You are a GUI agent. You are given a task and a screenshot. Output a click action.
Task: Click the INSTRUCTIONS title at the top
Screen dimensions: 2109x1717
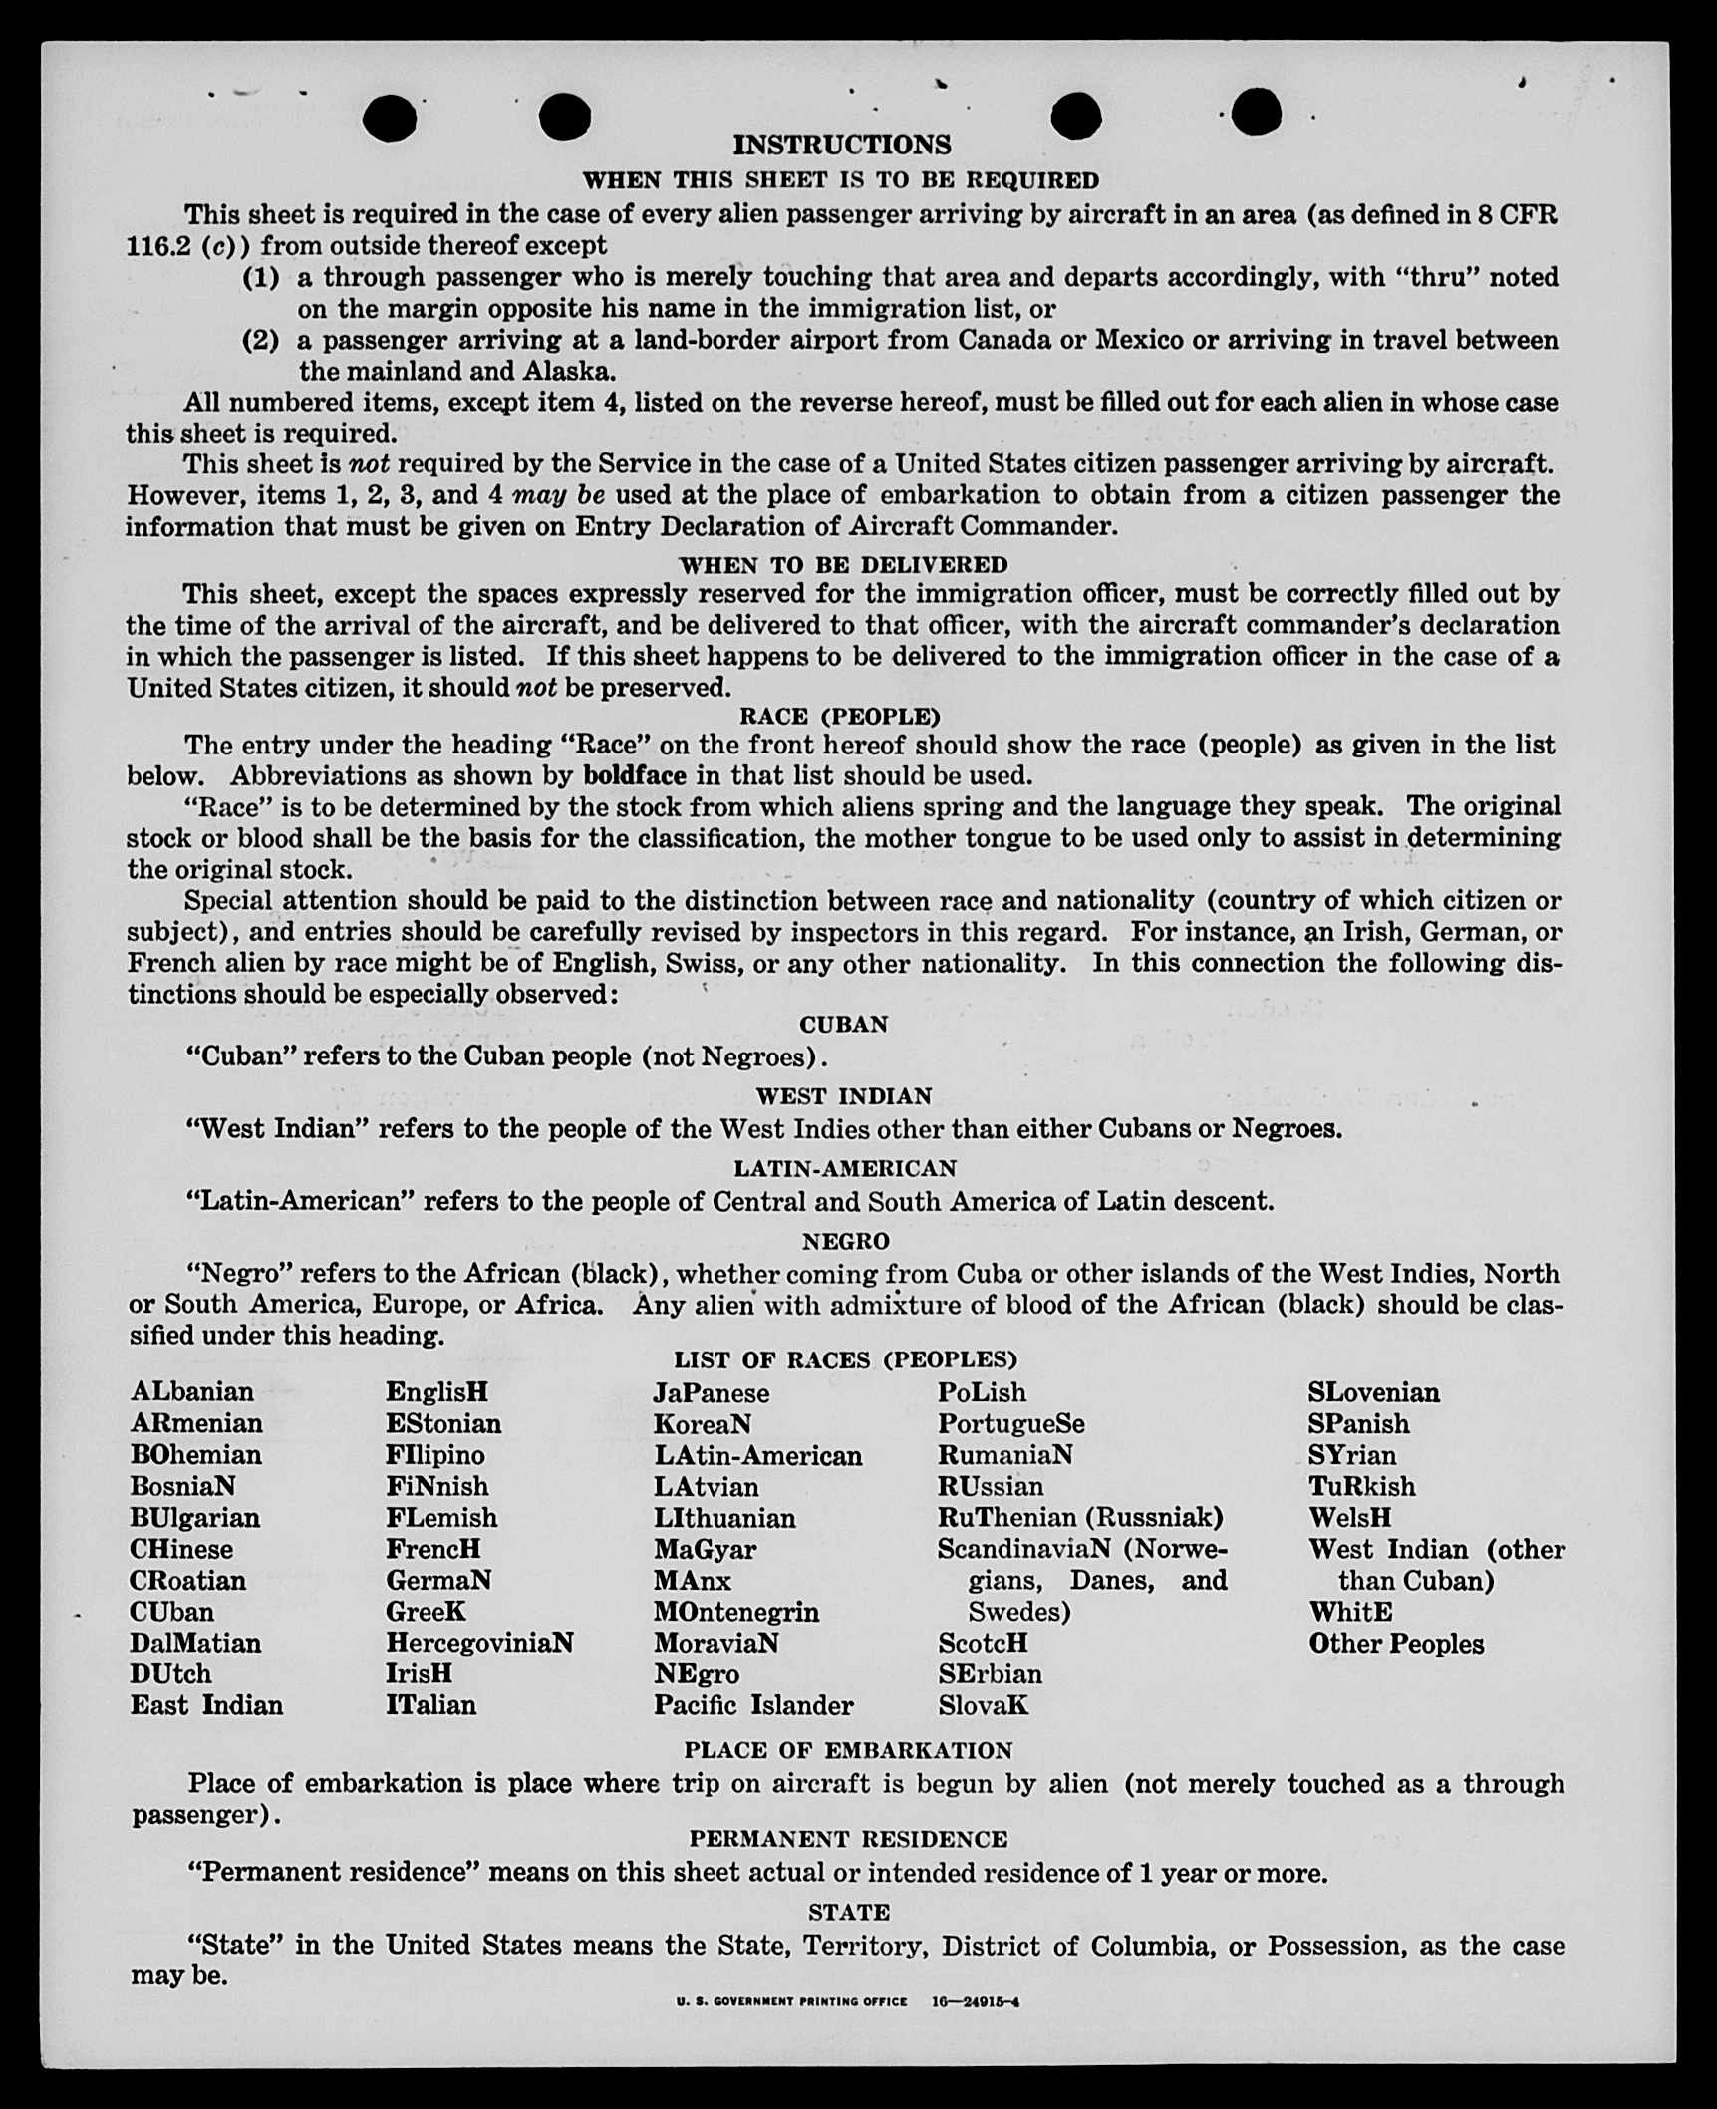842,146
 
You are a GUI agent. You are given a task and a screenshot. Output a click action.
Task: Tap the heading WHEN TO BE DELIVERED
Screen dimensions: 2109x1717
843,565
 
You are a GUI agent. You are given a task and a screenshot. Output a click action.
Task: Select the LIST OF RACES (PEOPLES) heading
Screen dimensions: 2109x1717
845,1359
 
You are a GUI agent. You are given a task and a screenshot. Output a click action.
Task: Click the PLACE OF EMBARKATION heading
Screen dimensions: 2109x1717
848,1750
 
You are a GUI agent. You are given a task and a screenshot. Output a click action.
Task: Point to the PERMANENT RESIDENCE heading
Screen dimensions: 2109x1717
848,1839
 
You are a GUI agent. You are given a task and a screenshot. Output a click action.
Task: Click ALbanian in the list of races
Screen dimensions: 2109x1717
191,1391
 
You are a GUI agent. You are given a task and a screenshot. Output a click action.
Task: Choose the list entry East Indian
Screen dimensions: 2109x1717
206,1705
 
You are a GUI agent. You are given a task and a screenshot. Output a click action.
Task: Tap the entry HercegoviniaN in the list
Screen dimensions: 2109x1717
479,1643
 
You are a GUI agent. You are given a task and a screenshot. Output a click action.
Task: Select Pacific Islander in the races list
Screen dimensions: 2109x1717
753,1705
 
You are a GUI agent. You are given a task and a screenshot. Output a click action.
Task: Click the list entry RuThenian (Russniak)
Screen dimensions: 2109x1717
1080,1517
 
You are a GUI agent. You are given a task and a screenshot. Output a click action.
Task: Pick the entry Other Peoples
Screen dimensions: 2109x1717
1396,1644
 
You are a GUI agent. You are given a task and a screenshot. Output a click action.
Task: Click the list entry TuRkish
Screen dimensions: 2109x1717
1361,1486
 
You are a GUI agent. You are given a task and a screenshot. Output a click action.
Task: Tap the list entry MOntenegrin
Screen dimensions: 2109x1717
736,1612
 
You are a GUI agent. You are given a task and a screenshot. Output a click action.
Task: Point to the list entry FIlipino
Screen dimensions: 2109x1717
434,1455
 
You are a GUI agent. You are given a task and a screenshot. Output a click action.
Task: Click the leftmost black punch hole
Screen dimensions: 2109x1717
390,118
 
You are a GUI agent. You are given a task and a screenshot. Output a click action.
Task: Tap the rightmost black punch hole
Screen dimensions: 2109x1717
1256,111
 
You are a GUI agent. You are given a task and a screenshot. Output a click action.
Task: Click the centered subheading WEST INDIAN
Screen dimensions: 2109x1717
843,1096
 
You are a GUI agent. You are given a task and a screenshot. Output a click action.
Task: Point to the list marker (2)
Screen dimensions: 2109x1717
261,341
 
